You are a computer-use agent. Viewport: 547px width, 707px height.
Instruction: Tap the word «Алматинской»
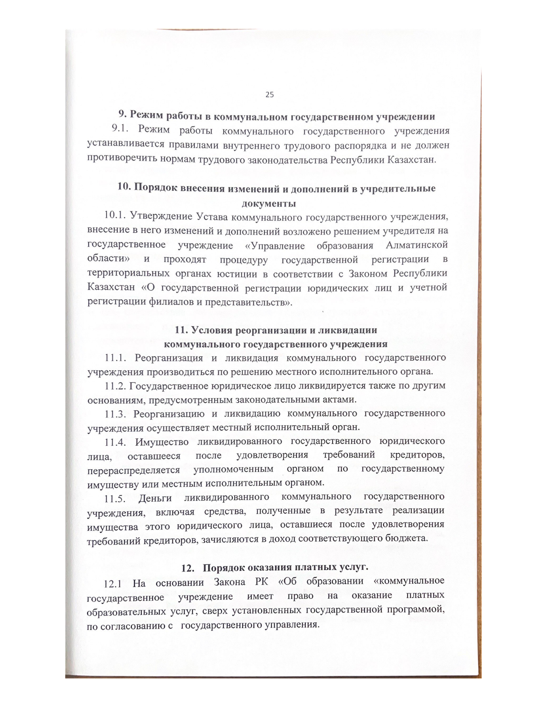coord(416,245)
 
